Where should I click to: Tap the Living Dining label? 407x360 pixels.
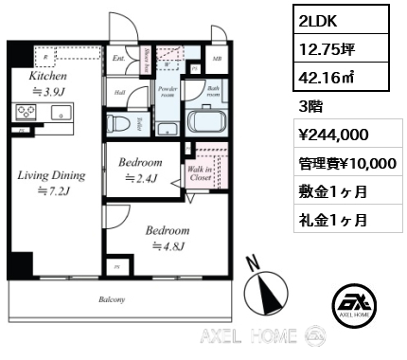coord(50,175)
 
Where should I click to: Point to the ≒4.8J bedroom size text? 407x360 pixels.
coord(168,246)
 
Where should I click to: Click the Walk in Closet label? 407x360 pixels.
coord(201,170)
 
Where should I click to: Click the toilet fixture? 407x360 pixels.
coord(121,123)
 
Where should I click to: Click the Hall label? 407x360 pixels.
coord(120,92)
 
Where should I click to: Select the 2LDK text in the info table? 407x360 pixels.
coord(314,19)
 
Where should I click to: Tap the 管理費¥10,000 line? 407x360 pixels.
coord(346,163)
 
